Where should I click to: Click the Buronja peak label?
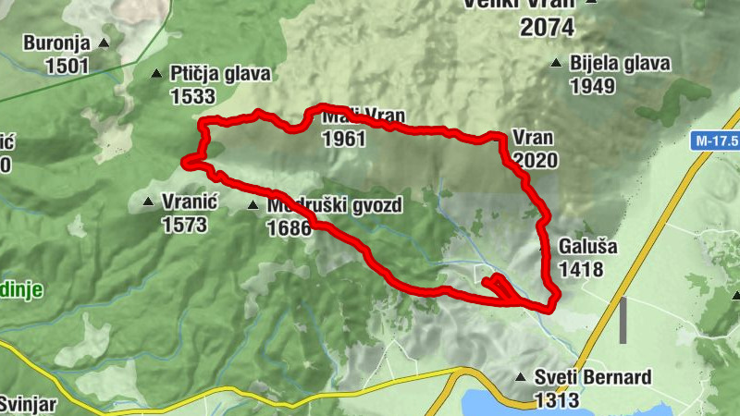coord(55,43)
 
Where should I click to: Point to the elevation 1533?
coord(192,95)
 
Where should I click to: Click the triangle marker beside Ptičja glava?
coord(155,73)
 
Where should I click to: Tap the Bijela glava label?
coord(621,64)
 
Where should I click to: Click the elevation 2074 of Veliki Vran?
coord(549,28)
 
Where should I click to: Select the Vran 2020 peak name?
coord(532,138)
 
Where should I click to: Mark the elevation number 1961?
coord(344,140)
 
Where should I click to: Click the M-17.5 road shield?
coord(716,141)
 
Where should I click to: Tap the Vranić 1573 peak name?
coord(189,201)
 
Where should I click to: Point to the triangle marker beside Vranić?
coord(147,201)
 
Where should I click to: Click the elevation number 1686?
coord(289,227)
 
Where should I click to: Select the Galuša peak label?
coord(587,248)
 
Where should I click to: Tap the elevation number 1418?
coord(581,270)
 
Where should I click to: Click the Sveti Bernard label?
coord(593,377)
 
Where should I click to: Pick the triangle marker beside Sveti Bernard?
coord(521,377)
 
